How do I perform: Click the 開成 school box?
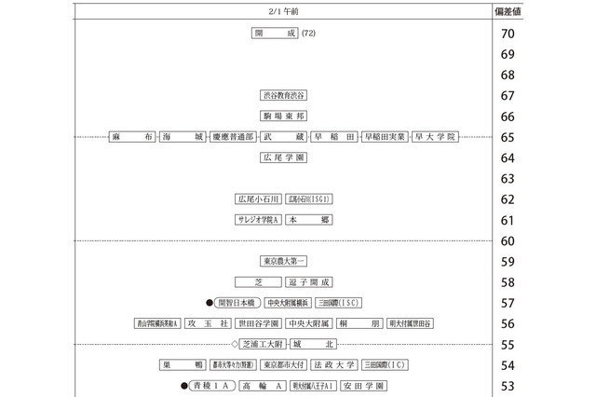click(x=274, y=34)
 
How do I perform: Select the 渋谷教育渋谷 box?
click(x=283, y=95)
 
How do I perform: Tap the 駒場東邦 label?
click(x=283, y=116)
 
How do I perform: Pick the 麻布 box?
click(x=130, y=137)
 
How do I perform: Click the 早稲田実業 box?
click(x=385, y=137)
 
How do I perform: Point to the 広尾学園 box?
click(x=283, y=157)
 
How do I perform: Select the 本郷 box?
click(x=309, y=220)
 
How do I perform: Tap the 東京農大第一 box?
click(x=283, y=262)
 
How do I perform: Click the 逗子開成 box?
click(x=308, y=282)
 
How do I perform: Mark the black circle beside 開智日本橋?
click(x=210, y=303)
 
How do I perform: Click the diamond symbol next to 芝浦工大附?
click(x=235, y=344)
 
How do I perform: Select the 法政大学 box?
click(x=333, y=364)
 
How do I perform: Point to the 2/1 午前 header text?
click(x=282, y=11)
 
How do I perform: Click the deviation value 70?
click(x=508, y=34)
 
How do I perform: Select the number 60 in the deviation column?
click(x=508, y=240)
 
